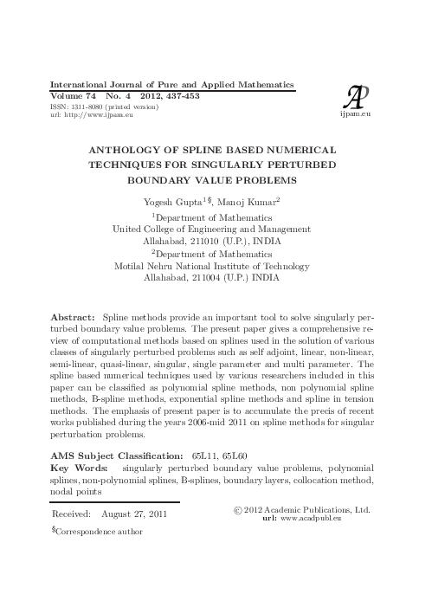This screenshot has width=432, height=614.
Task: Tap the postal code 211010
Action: [x=197, y=242]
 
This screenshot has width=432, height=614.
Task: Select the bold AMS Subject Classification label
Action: [x=116, y=454]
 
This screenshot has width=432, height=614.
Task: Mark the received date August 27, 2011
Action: [x=134, y=514]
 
